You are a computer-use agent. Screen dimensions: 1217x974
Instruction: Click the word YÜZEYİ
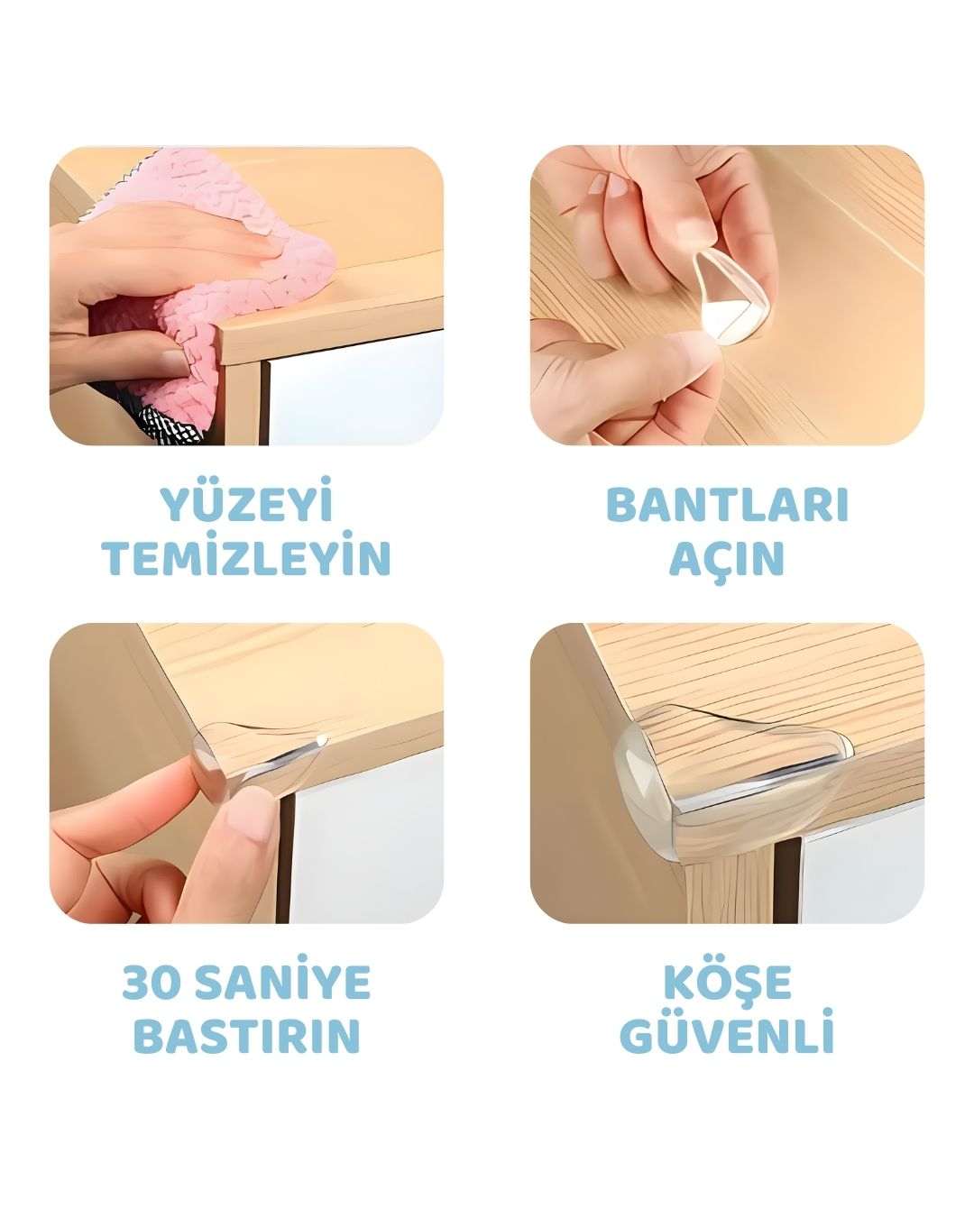click(x=246, y=505)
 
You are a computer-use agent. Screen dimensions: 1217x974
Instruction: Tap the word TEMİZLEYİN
click(x=246, y=559)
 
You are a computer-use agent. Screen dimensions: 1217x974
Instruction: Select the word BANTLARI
click(x=727, y=505)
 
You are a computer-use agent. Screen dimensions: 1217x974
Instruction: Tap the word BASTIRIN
click(x=246, y=1037)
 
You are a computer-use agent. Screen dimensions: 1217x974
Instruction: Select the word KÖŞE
click(x=727, y=983)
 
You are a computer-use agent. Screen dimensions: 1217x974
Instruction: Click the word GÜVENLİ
click(x=727, y=1037)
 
